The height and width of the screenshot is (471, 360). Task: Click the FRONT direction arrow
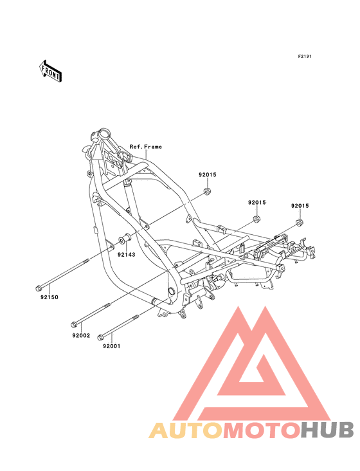(50, 71)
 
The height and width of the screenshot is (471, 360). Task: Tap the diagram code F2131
(305, 56)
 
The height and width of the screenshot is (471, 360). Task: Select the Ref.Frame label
(145, 147)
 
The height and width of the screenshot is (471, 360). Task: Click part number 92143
(126, 255)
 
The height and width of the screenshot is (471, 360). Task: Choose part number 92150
(50, 297)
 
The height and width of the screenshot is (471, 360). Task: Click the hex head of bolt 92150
(39, 288)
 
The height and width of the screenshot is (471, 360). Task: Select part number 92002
(81, 335)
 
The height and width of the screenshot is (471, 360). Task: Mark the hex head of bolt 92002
(74, 325)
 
